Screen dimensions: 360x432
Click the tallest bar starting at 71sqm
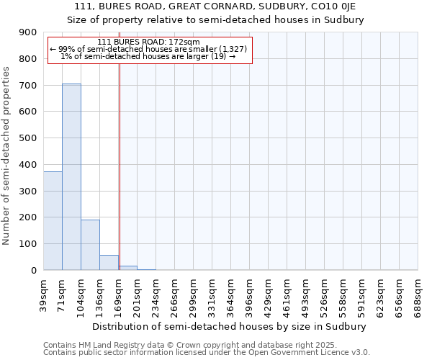pos(71,176)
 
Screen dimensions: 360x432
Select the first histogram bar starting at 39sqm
pos(53,220)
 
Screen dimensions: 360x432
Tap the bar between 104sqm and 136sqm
pos(90,245)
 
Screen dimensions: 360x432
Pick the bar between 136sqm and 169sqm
pos(109,262)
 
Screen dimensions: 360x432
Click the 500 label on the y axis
pos(28,138)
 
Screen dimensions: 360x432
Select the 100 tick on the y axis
pos(28,244)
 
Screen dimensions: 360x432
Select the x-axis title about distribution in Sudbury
pos(230,326)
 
